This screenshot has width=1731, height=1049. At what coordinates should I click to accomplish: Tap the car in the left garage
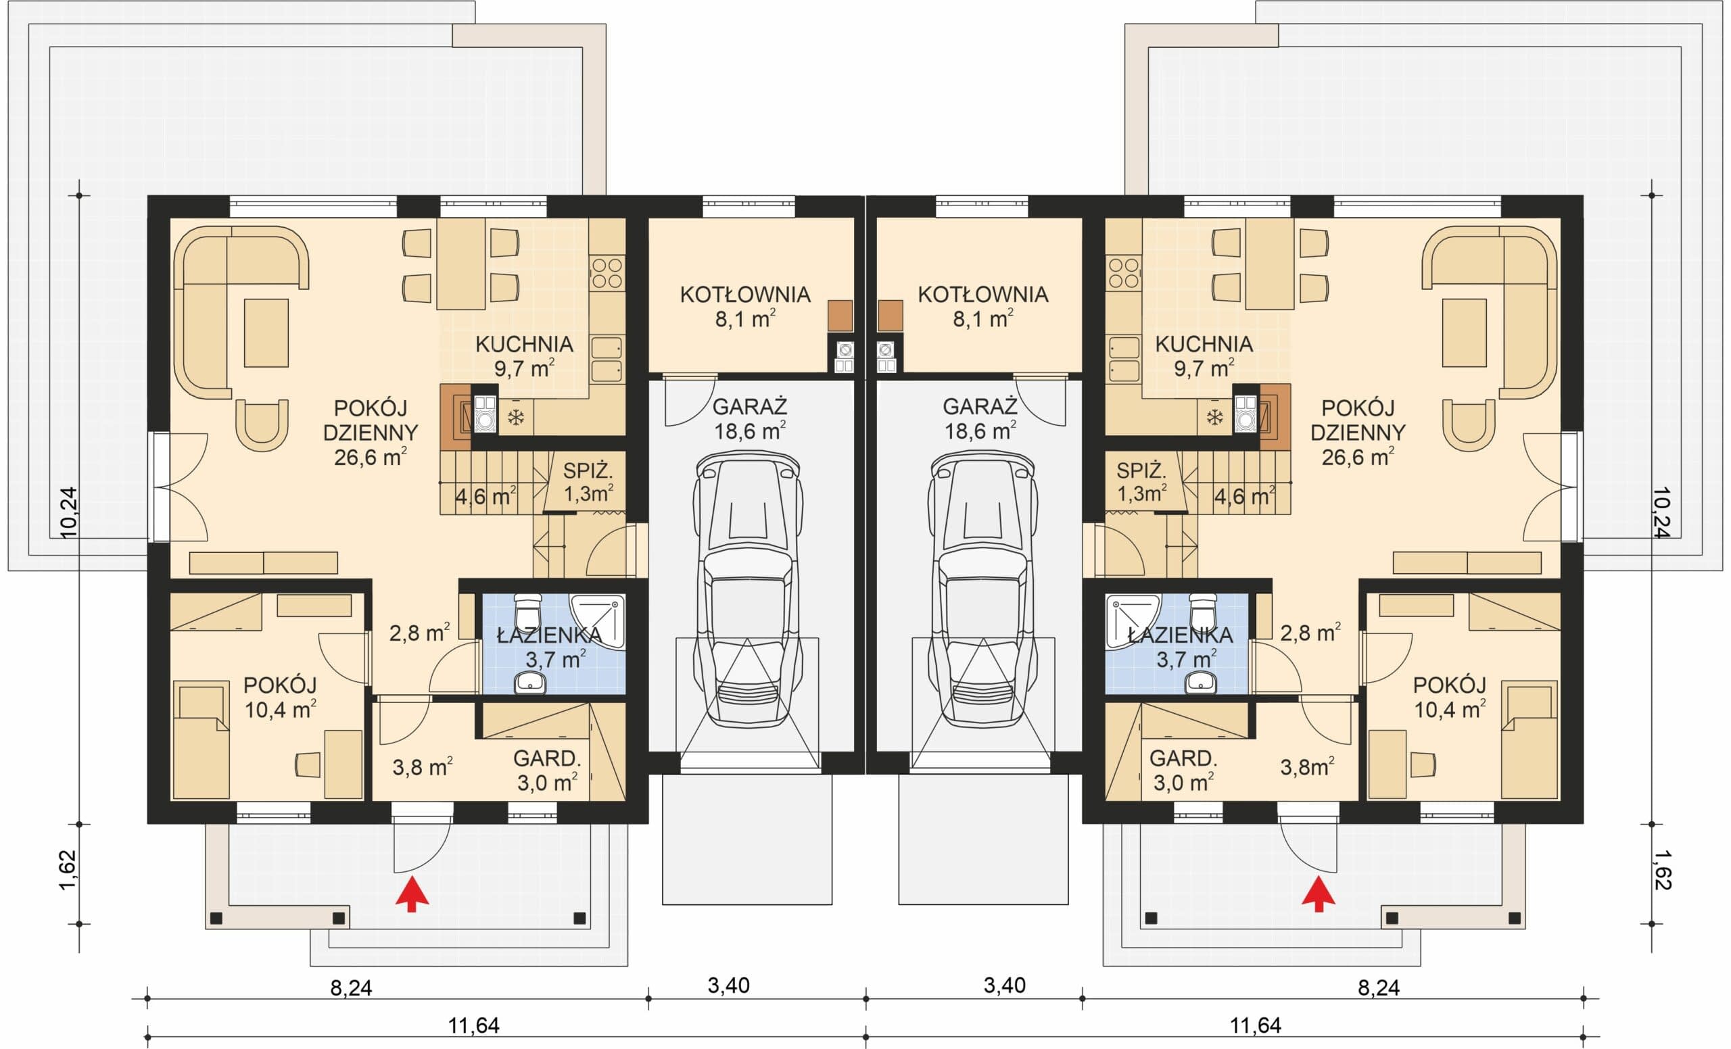tap(748, 590)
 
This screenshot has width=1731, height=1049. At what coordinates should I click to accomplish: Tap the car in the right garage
tap(982, 590)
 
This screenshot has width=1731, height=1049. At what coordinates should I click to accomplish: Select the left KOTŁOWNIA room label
tap(744, 295)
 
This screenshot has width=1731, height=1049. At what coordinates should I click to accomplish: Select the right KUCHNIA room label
tap(1204, 344)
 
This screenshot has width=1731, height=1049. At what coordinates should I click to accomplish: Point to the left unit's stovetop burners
tap(607, 273)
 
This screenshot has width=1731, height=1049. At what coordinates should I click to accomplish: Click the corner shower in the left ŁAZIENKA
tap(597, 622)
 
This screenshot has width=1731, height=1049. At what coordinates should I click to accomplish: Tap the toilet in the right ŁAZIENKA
tap(1203, 610)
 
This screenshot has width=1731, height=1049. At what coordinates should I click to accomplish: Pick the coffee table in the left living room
tap(266, 333)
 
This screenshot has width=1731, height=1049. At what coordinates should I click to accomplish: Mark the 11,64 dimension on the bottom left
tap(473, 1026)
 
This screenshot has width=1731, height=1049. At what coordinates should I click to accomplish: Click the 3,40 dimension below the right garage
tap(1005, 986)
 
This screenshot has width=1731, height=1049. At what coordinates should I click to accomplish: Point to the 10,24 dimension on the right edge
tap(1661, 512)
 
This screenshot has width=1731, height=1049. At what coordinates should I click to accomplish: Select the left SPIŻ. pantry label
tap(588, 471)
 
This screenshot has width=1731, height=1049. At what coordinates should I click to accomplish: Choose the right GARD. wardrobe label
tap(1184, 758)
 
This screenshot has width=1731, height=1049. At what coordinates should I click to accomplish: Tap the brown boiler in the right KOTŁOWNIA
tap(891, 315)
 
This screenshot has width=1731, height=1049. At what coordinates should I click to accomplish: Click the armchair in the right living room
tap(1469, 424)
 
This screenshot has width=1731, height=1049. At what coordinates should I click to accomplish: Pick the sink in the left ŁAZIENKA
tap(529, 683)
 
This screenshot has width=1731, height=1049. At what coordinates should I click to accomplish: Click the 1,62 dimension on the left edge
tap(68, 871)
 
